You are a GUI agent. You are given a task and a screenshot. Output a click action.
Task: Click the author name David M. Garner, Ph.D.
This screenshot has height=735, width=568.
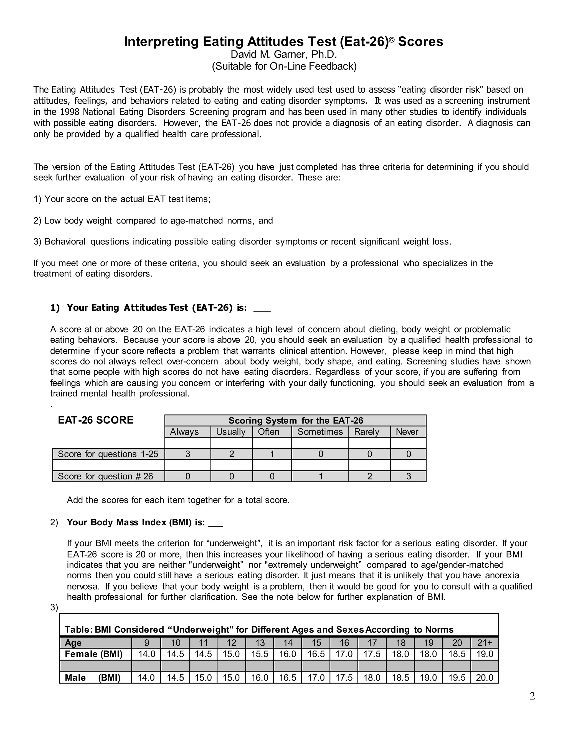(284, 54)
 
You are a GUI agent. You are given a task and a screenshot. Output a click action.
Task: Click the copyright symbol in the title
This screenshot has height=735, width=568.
(391, 40)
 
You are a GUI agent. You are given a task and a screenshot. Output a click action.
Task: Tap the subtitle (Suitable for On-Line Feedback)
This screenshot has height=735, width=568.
(284, 66)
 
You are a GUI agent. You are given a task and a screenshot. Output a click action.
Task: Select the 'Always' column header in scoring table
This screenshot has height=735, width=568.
(184, 432)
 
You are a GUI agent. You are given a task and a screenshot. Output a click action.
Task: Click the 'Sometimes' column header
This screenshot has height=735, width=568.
(320, 432)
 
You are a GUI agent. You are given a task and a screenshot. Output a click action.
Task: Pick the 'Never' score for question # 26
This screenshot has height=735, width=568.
(409, 476)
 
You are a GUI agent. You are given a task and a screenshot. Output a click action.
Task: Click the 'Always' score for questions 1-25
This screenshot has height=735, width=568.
(188, 454)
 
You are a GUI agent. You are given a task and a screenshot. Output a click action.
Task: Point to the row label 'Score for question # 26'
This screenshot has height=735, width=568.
(105, 476)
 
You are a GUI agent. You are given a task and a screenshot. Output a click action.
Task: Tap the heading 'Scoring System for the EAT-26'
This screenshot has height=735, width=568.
(295, 421)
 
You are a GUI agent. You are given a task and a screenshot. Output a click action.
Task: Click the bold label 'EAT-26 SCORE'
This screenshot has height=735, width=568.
(96, 420)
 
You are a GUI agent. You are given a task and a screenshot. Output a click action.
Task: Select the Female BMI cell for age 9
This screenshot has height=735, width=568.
(147, 654)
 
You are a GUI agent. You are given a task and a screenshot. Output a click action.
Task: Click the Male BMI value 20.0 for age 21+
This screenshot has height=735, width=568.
(484, 678)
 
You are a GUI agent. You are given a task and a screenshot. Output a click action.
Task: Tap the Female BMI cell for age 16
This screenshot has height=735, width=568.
(344, 654)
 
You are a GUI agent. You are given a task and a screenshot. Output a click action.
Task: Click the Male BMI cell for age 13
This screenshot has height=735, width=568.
(259, 678)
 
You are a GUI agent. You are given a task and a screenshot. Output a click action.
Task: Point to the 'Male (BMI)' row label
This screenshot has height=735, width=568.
(93, 678)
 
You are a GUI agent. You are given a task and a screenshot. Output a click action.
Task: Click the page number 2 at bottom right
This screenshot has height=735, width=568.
(532, 696)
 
